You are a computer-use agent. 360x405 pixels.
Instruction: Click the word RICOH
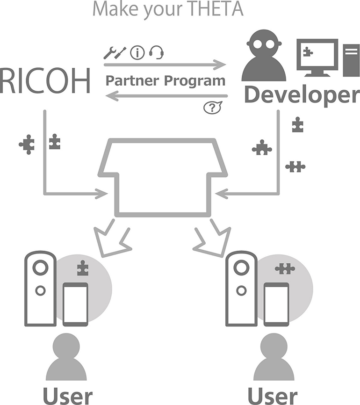(45, 80)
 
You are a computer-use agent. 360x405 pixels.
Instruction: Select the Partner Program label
(165, 80)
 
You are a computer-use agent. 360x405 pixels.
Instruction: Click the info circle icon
(137, 52)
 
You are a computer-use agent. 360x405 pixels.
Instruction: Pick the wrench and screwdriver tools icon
(115, 52)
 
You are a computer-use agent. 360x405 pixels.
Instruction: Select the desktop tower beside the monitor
(351, 59)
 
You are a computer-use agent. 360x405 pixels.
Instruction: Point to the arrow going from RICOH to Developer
(166, 64)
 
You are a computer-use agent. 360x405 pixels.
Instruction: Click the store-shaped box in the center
(163, 177)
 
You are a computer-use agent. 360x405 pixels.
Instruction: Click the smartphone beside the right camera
(276, 304)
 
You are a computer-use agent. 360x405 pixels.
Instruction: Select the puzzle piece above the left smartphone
(83, 268)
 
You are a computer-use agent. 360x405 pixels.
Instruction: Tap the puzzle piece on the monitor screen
(308, 51)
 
